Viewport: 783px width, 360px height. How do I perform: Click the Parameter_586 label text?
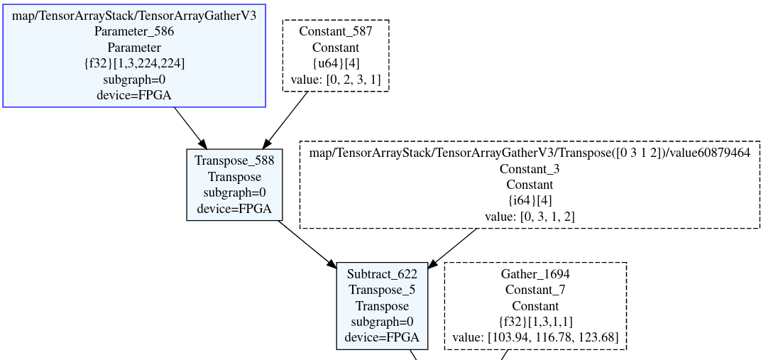pyautogui.click(x=134, y=31)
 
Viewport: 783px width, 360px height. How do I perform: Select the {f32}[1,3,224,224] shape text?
pyautogui.click(x=134, y=62)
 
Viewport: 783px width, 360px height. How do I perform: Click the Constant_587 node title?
pyautogui.click(x=335, y=31)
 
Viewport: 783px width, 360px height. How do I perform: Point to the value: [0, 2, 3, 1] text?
pyautogui.click(x=335, y=80)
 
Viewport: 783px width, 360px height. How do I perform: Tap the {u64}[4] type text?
pyautogui.click(x=335, y=63)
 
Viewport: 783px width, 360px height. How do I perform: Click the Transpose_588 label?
pyautogui.click(x=234, y=160)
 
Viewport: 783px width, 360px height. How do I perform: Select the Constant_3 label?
pyautogui.click(x=530, y=168)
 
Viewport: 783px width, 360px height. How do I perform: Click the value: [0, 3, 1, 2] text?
pyautogui.click(x=530, y=217)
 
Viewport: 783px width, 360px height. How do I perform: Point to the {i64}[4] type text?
pyautogui.click(x=530, y=200)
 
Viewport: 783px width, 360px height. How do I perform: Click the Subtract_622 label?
pyautogui.click(x=382, y=274)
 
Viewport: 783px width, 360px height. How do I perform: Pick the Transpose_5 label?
pyautogui.click(x=382, y=290)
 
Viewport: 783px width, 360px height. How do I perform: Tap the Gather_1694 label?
pyautogui.click(x=535, y=274)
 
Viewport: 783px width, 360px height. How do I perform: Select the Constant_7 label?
pyautogui.click(x=535, y=290)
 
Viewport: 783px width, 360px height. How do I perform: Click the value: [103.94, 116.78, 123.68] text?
pyautogui.click(x=535, y=338)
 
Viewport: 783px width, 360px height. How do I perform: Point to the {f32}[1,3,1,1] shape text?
pyautogui.click(x=535, y=322)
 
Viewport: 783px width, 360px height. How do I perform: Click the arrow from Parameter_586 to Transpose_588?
pyautogui.click(x=190, y=129)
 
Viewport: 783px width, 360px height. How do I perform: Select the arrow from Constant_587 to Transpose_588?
pyautogui.click(x=287, y=119)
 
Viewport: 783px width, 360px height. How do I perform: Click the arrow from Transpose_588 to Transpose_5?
pyautogui.click(x=307, y=244)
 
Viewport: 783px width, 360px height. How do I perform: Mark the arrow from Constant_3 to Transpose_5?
pyautogui.click(x=453, y=247)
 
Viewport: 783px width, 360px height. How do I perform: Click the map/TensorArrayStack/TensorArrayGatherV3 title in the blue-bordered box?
pyautogui.click(x=134, y=15)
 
